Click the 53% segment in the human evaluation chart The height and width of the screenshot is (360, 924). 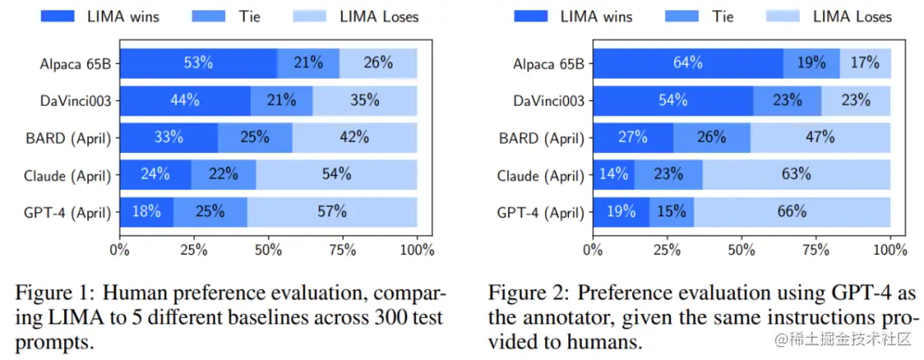coord(198,63)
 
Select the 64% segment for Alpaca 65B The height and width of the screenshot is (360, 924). coord(688,63)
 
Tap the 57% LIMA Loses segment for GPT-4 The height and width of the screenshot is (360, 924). coord(332,212)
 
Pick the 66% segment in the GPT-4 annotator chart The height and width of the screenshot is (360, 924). coord(792,212)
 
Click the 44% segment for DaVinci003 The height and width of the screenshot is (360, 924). coord(185,100)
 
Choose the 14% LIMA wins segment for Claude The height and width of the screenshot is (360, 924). coord(613,174)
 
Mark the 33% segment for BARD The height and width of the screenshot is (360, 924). coord(169,138)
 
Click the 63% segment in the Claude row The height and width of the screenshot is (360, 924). coord(796,174)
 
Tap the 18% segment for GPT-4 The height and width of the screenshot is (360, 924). coord(146,212)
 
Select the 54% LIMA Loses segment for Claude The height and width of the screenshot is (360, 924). coord(336,174)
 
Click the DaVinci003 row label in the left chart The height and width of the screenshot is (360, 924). coord(75,100)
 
